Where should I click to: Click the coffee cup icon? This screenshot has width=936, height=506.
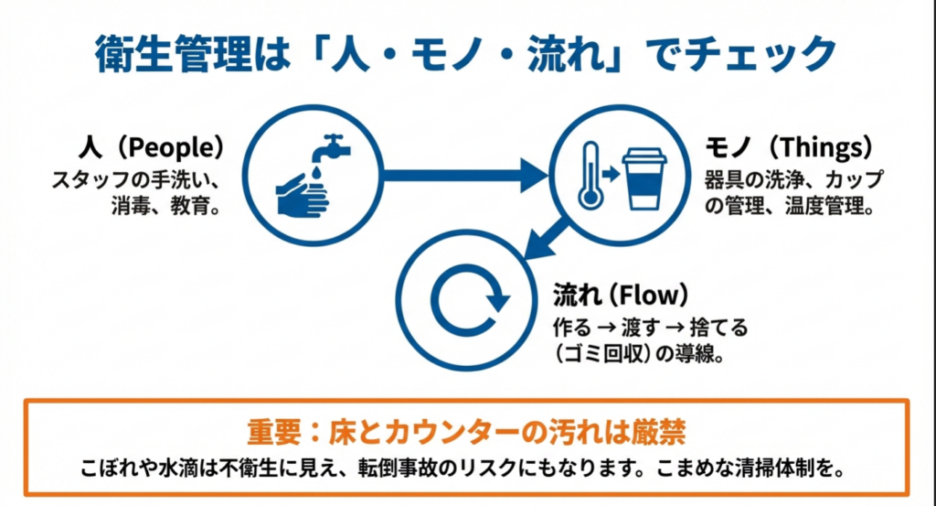pyautogui.click(x=645, y=178)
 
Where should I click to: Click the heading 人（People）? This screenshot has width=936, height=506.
pyautogui.click(x=152, y=147)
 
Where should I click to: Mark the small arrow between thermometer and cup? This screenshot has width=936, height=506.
pyautogui.click(x=609, y=171)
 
